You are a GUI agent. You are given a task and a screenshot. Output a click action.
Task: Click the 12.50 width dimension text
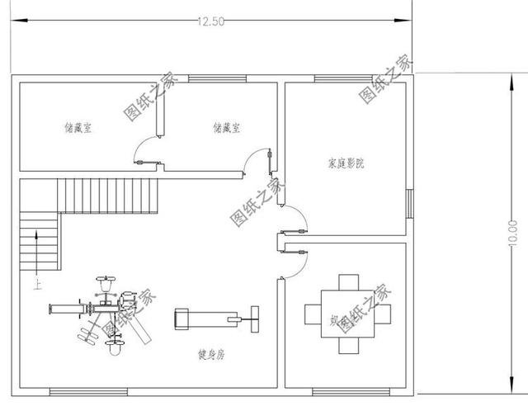tap(210, 22)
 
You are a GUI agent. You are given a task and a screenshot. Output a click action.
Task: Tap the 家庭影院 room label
tap(346, 163)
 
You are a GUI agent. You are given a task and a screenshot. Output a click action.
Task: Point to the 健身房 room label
tap(211, 355)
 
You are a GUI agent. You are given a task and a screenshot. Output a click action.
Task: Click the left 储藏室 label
tap(78, 128)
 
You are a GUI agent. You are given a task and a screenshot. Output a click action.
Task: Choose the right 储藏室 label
tap(226, 128)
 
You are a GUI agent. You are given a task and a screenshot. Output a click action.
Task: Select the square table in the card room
tap(346, 314)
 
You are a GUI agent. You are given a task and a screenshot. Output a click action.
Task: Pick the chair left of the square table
tap(313, 314)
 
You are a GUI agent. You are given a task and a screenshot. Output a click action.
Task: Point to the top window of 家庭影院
tap(337, 79)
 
